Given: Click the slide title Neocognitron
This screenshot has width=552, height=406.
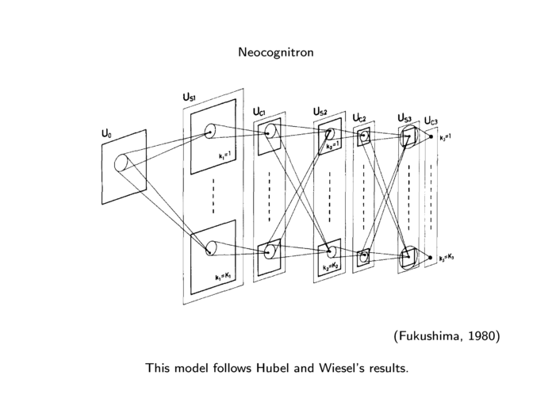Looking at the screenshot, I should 276,52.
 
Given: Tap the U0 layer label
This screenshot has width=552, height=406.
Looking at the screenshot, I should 106,134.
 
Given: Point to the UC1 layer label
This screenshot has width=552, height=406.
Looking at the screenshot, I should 260,112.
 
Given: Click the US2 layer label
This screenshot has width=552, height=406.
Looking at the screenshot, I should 320,111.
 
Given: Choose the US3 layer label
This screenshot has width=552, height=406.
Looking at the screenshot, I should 404,118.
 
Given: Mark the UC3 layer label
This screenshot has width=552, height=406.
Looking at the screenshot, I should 431,121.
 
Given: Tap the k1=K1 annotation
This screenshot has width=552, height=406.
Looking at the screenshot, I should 222,277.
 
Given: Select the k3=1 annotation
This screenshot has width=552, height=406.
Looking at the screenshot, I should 445,136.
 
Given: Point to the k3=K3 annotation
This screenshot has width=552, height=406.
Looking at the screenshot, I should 448,258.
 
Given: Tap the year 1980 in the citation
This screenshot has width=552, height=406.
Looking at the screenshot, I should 482,336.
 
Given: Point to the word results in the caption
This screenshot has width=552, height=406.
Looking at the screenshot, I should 383,368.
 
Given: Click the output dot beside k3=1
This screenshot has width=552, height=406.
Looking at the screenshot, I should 431,137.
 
